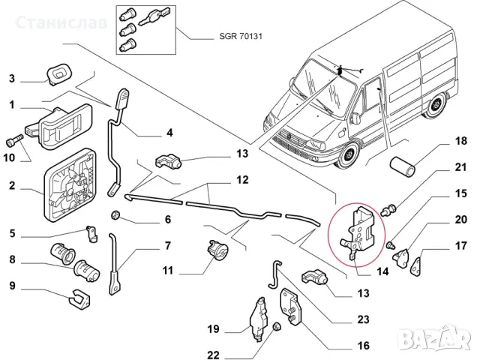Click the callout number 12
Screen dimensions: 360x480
pyautogui.click(x=242, y=180)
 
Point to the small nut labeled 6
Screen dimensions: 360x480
pyautogui.click(x=117, y=217)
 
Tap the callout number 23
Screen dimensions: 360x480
pyautogui.click(x=363, y=319)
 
